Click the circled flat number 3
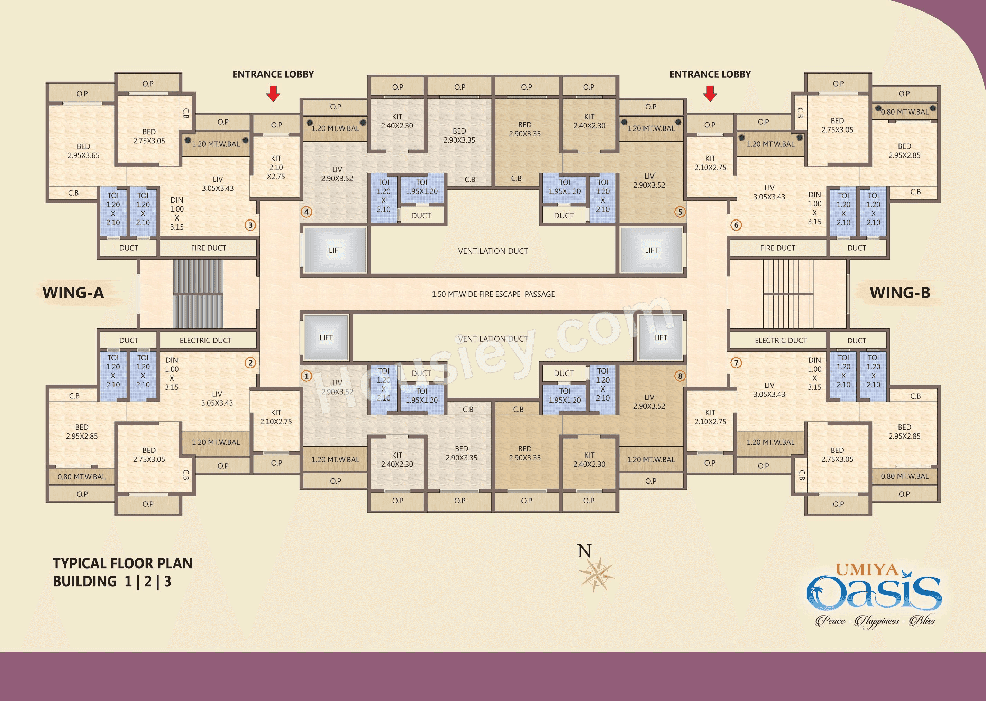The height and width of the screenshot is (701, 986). pyautogui.click(x=250, y=225)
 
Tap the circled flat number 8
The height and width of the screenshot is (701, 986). pyautogui.click(x=680, y=376)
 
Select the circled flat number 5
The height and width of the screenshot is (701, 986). pyautogui.click(x=680, y=212)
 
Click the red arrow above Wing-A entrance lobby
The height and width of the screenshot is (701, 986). pyautogui.click(x=273, y=93)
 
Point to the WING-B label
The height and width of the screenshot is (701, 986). pyautogui.click(x=900, y=293)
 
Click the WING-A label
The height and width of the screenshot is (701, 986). pyautogui.click(x=73, y=293)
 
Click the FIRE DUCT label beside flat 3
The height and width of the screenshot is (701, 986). pyautogui.click(x=208, y=248)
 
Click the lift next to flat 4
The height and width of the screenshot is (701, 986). pyautogui.click(x=335, y=250)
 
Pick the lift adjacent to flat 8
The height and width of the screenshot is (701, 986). pyautogui.click(x=660, y=338)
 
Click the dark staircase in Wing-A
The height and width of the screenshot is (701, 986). pyautogui.click(x=198, y=294)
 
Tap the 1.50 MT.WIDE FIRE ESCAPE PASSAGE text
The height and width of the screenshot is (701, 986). pyautogui.click(x=493, y=294)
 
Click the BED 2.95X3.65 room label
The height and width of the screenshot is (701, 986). pyautogui.click(x=83, y=151)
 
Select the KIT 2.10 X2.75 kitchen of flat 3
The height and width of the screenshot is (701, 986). pyautogui.click(x=276, y=167)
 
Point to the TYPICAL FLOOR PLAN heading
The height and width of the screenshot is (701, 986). pyautogui.click(x=122, y=563)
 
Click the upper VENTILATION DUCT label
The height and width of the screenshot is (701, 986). pyautogui.click(x=493, y=251)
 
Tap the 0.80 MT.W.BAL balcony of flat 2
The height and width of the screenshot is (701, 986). pyautogui.click(x=82, y=477)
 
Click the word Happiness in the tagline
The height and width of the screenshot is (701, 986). pyautogui.click(x=877, y=621)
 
